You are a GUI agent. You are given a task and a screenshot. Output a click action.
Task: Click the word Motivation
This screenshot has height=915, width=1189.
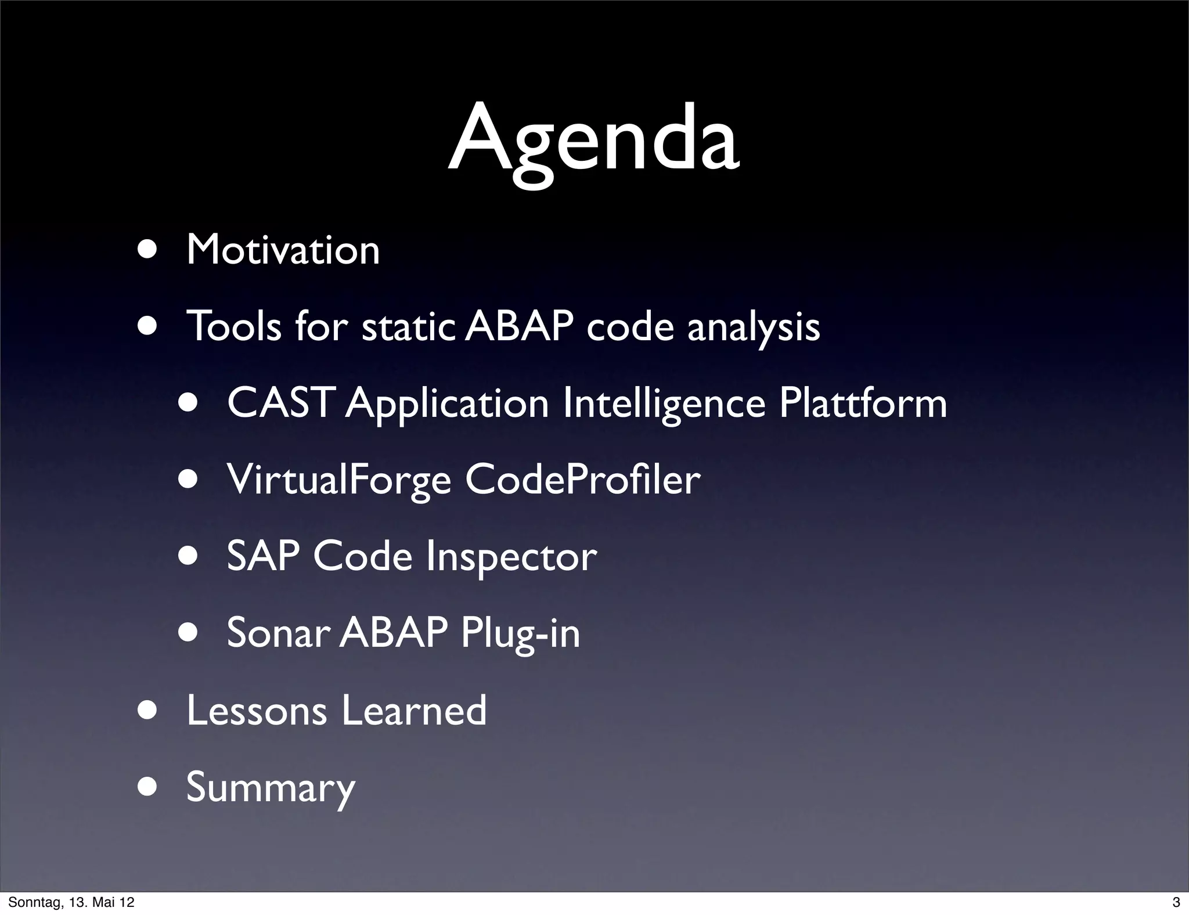[x=283, y=250]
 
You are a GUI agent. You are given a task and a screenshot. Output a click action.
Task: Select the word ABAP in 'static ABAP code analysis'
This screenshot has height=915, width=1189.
[x=519, y=326]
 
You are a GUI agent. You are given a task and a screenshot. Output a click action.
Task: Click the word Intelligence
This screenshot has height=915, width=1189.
[x=664, y=404]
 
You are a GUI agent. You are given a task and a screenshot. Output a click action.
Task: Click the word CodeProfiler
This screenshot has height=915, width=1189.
[x=583, y=480]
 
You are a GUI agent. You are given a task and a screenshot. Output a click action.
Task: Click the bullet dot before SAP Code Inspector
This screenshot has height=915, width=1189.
[x=188, y=556]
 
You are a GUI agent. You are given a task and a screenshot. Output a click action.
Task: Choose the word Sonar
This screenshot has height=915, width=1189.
[x=278, y=633]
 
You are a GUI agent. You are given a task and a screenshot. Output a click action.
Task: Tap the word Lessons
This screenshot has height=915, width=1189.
[x=257, y=710]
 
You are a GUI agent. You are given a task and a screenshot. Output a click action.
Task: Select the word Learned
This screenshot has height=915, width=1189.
[x=414, y=710]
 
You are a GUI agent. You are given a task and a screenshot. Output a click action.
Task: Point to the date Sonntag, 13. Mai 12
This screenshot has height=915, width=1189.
[x=71, y=902]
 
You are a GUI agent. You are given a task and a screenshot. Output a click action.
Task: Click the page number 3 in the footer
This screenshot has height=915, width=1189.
[x=1176, y=902]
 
